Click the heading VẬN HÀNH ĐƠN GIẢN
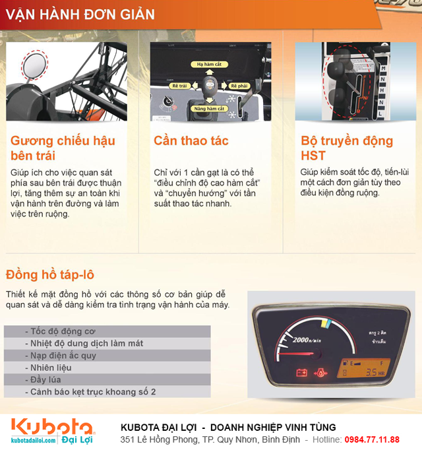coord(80,14)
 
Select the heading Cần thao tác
coord(191,141)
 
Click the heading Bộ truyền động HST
coord(346,148)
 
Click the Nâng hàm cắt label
coord(210,108)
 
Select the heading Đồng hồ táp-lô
coord(53,274)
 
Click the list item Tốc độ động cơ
coord(61,331)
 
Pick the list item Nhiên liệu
coord(51,368)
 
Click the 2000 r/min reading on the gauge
coord(307,341)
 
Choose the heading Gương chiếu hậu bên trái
coord(63,148)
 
